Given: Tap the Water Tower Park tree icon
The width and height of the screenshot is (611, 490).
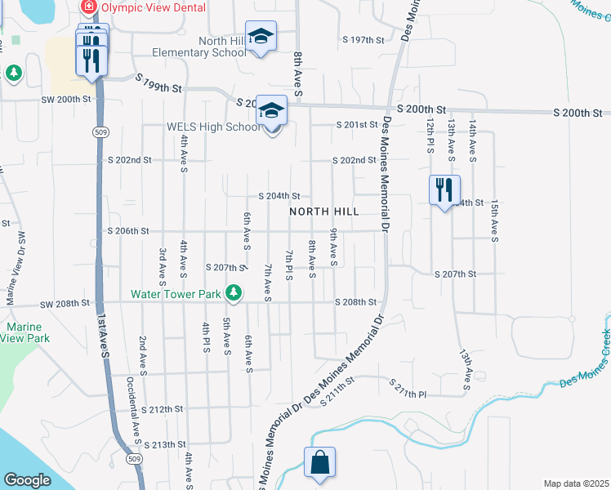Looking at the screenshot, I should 234,292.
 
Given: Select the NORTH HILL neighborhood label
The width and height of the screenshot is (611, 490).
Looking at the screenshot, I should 324,212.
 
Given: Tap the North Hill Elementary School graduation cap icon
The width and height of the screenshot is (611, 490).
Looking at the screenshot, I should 261,37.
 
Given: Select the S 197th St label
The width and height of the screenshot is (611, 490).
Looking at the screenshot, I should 363,39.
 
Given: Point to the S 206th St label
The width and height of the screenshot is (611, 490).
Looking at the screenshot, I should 129,231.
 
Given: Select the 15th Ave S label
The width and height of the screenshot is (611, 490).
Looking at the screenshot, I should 494,222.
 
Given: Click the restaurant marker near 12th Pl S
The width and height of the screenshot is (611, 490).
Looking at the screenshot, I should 444,191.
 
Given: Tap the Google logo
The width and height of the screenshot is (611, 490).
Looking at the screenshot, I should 27,479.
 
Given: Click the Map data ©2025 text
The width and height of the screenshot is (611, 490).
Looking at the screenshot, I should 576,483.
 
